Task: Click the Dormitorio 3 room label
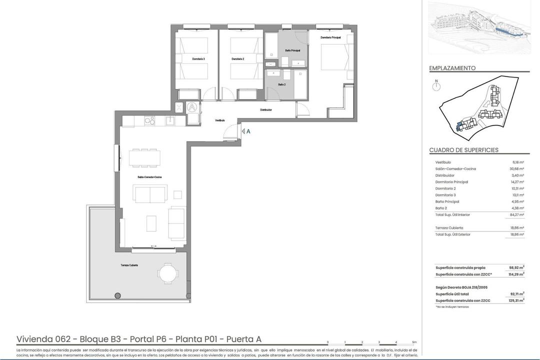click(198, 59)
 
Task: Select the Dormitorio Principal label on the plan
click(330, 37)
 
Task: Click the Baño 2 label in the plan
click(282, 84)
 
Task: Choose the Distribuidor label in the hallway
click(265, 109)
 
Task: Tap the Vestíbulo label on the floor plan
click(220, 120)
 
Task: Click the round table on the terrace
click(167, 273)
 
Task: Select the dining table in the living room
click(144, 158)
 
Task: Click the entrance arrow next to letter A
click(242, 131)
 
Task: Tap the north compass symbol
click(436, 86)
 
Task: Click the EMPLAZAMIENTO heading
click(452, 68)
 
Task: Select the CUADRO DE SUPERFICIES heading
click(463, 150)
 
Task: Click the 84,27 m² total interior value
click(516, 215)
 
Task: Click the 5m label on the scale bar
click(413, 342)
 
